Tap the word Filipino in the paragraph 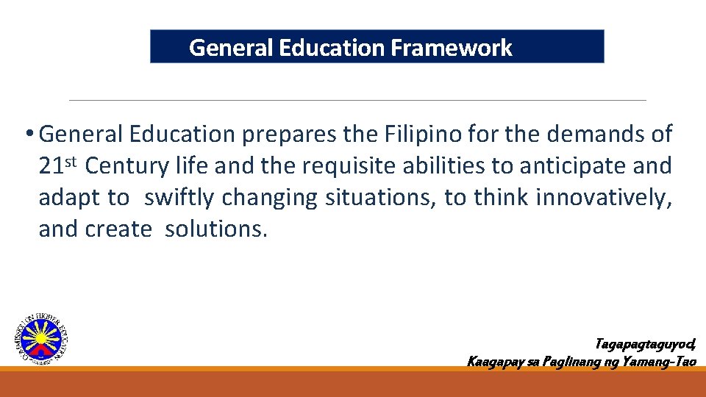point(418,134)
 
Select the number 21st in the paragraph point(57,165)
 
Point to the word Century point(126,166)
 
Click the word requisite point(349,166)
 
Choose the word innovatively point(604,198)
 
